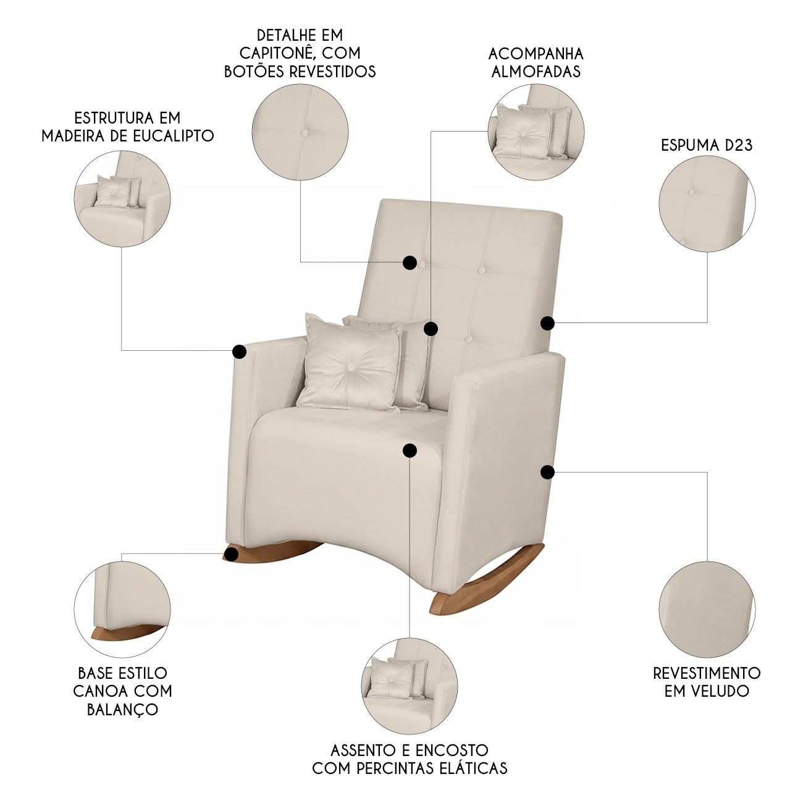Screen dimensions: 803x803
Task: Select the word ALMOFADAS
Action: (536, 72)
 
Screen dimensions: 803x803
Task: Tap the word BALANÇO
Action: (122, 710)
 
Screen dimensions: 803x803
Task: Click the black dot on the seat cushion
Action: (410, 450)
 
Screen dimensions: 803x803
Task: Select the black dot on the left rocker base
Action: (230, 555)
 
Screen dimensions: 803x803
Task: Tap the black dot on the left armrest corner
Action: (239, 351)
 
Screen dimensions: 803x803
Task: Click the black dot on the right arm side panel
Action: (547, 472)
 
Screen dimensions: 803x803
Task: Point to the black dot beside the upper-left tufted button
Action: (410, 263)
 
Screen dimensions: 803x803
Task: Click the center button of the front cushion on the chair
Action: (351, 366)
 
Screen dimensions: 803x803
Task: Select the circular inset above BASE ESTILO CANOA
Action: (122, 609)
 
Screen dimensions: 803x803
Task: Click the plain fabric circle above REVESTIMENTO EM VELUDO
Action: (707, 609)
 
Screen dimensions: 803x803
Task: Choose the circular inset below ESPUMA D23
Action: (707, 204)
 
